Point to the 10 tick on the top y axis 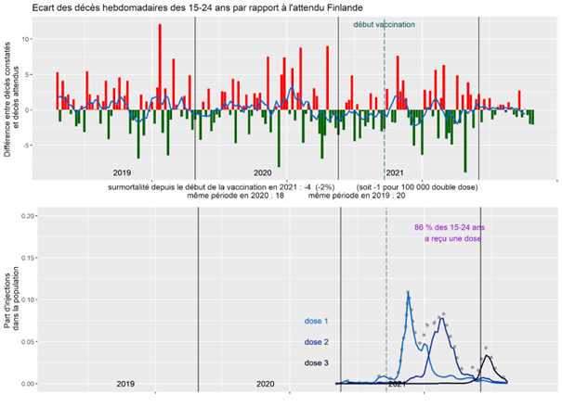29,39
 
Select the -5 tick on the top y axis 29,145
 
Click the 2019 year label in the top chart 122,172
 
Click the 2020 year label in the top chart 263,172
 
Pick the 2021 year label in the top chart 394,172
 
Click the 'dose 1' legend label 317,322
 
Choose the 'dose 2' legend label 317,342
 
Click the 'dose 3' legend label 317,362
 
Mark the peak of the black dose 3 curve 486,355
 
